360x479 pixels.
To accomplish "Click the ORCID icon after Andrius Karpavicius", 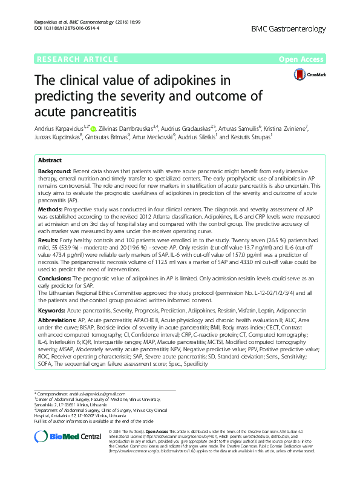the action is (94, 128).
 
